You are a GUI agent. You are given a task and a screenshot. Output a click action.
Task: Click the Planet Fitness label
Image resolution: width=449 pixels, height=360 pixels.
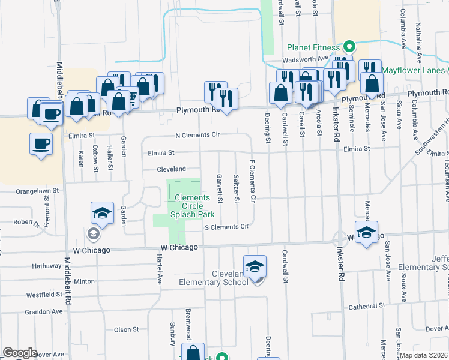(313, 47)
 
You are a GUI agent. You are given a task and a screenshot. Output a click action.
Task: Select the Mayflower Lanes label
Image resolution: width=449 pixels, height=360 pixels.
(415, 70)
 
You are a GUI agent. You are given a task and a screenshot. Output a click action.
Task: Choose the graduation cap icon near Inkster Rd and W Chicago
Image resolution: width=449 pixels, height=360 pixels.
(366, 232)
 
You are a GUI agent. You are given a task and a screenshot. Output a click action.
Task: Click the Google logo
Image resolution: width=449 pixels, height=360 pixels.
(20, 353)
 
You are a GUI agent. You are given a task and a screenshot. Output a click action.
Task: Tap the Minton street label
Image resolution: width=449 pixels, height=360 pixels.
(84, 281)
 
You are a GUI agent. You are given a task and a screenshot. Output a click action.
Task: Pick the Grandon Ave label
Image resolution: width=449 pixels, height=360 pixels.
(44, 312)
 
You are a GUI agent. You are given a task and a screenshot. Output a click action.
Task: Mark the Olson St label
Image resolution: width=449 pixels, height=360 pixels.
(126, 329)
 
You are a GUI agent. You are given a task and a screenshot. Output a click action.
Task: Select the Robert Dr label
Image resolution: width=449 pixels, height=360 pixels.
(26, 222)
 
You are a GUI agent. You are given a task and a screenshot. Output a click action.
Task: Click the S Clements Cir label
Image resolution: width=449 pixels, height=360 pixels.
(226, 227)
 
